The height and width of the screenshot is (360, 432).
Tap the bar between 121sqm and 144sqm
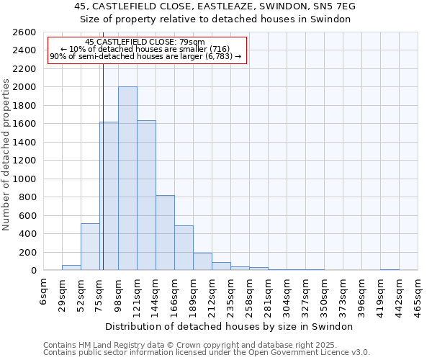click(x=146, y=195)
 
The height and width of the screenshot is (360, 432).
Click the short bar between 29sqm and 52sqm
click(x=71, y=267)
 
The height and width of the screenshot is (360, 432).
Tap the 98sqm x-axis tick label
click(x=119, y=294)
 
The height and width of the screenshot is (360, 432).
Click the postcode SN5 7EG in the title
click(x=334, y=6)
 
